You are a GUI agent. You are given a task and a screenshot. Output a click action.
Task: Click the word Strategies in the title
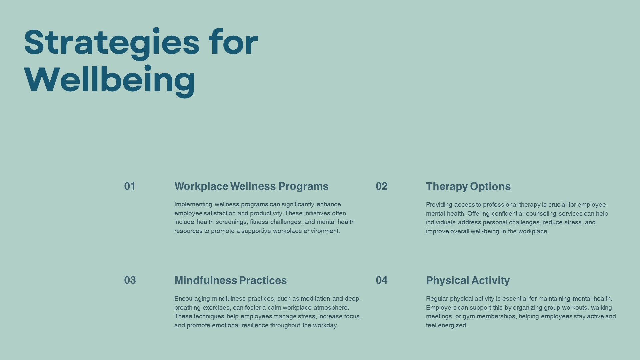[x=112, y=43]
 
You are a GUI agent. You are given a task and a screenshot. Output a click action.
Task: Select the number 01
[x=130, y=186]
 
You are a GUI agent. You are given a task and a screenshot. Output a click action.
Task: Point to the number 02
[x=382, y=186]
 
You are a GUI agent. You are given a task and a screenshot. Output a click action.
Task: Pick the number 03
[x=130, y=280]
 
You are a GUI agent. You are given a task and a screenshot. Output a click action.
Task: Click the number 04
[x=382, y=280]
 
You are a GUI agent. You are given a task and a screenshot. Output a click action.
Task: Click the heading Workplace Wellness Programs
[x=251, y=186]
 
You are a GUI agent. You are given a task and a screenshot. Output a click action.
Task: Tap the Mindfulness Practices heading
[x=230, y=280]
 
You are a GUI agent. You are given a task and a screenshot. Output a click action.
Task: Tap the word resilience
[x=255, y=325]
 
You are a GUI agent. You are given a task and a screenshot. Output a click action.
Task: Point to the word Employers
[x=441, y=308]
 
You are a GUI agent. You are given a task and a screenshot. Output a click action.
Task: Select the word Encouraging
[x=192, y=299]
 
